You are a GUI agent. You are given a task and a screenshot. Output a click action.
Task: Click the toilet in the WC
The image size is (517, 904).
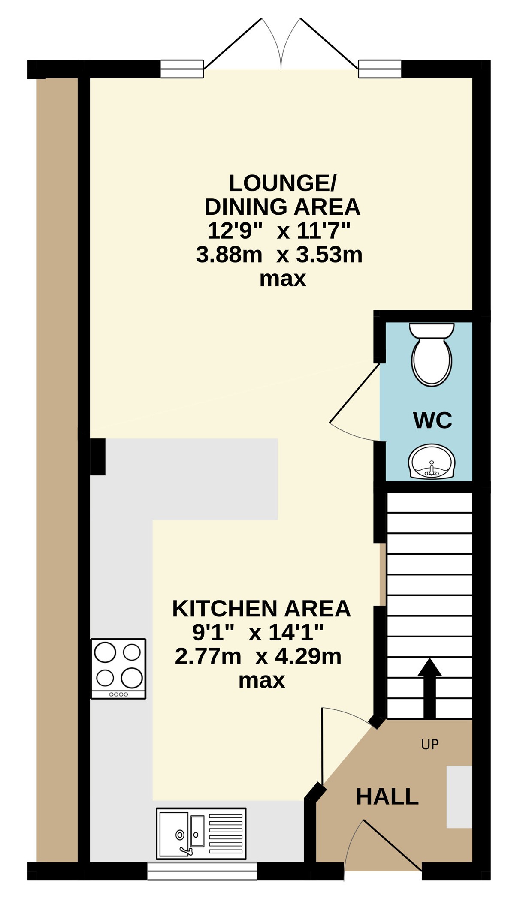click(x=431, y=354)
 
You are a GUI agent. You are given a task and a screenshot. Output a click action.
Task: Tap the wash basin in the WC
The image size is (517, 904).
click(x=431, y=461)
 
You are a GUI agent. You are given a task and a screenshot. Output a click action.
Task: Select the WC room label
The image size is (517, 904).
click(x=432, y=420)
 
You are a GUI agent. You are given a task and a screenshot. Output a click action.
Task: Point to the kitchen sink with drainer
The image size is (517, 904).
click(x=201, y=834)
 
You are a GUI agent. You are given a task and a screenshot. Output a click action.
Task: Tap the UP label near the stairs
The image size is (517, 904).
click(x=430, y=745)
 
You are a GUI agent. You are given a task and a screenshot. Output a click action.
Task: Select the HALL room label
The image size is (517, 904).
click(x=387, y=797)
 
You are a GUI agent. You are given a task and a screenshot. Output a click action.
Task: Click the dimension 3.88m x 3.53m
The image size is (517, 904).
click(x=279, y=255)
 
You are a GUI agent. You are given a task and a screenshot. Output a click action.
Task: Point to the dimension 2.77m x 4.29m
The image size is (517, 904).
click(x=258, y=656)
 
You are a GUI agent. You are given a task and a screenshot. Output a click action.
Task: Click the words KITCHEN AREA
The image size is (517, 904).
click(x=261, y=609)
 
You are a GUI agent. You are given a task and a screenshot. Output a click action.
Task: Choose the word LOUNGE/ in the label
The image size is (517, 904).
click(x=282, y=183)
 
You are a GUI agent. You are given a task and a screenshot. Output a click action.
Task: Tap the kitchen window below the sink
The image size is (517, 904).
click(x=202, y=871)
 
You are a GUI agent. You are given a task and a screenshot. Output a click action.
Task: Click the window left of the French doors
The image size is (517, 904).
click(x=182, y=69)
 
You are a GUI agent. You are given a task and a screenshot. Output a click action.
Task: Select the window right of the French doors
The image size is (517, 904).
click(x=380, y=69)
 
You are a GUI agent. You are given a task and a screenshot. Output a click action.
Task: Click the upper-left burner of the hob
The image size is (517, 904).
click(x=105, y=652)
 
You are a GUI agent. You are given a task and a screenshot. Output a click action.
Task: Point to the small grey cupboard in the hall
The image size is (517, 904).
click(x=459, y=796)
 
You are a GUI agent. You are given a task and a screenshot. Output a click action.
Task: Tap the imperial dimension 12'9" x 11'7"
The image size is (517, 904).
click(x=279, y=231)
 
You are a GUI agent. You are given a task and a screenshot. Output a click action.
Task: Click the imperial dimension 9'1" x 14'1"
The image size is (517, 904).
click(x=258, y=632)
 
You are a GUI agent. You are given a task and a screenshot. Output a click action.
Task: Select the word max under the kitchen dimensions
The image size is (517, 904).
click(x=262, y=681)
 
